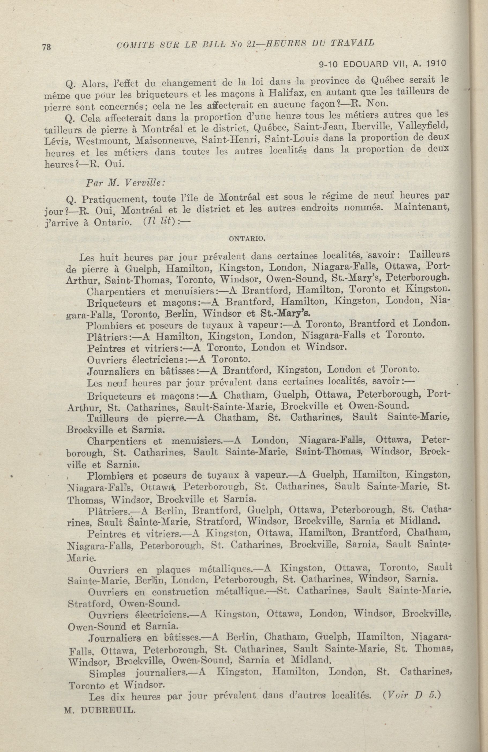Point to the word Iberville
[x=368, y=127]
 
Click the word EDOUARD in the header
[x=367, y=64]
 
